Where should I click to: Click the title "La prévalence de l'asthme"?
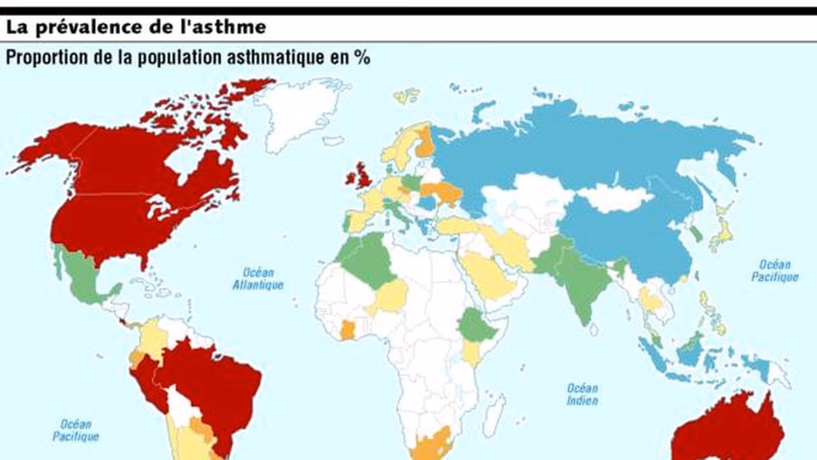pyautogui.click(x=136, y=27)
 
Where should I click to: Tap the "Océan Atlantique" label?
pyautogui.click(x=258, y=278)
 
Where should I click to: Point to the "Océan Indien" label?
pyautogui.click(x=582, y=394)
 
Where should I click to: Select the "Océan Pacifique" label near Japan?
pyautogui.click(x=774, y=271)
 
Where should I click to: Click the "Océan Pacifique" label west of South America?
pyautogui.click(x=76, y=430)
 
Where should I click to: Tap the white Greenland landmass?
pyautogui.click(x=300, y=112)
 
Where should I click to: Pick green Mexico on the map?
pyautogui.click(x=83, y=275)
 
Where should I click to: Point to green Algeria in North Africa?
pyautogui.click(x=367, y=259)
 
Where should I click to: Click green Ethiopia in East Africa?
pyautogui.click(x=476, y=326)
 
